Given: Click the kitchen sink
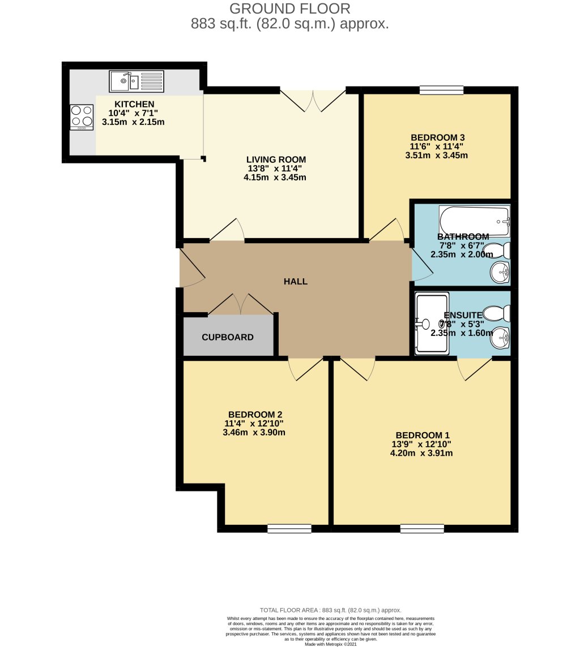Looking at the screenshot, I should (136, 81).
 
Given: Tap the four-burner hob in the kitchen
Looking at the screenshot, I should (82, 117).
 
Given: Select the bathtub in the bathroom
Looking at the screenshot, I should (475, 221).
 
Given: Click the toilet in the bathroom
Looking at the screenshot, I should (500, 251).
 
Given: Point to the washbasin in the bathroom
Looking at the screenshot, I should (501, 273).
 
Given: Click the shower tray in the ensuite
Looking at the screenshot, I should (432, 323).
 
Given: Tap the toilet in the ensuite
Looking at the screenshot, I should (500, 313).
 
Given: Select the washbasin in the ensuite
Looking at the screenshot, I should (501, 338).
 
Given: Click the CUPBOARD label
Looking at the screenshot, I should (228, 338).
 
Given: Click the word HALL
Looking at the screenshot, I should (296, 281).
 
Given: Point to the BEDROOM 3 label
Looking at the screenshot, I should (438, 137).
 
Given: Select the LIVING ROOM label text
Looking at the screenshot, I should (276, 159).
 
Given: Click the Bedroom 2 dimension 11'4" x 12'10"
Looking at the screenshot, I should (254, 424).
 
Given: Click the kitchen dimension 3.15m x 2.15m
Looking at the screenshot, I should (133, 122).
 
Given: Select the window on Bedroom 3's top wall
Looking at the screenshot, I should (441, 89).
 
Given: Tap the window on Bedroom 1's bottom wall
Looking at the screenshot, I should (422, 529).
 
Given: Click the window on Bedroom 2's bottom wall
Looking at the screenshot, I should (289, 529).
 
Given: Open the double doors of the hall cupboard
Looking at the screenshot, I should (241, 305).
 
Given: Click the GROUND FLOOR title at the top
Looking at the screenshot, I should (289, 8).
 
